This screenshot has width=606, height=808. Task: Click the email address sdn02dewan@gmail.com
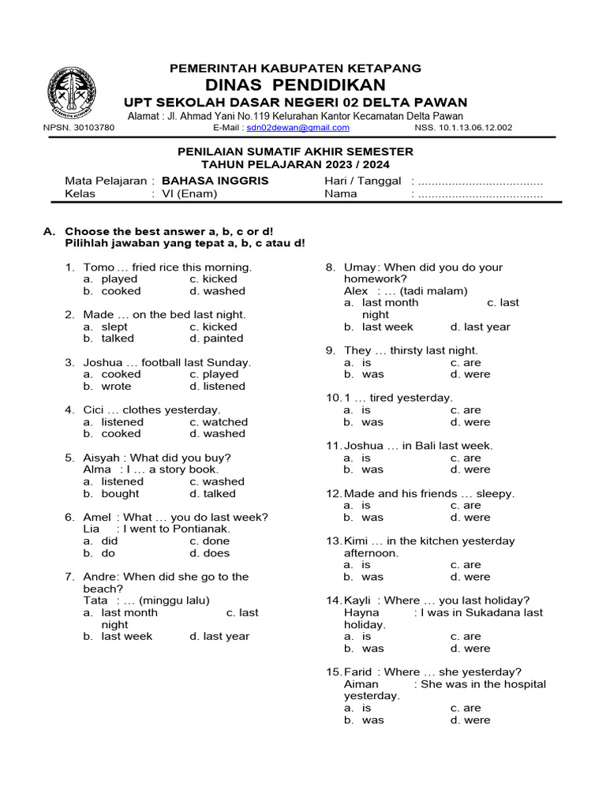tap(288, 127)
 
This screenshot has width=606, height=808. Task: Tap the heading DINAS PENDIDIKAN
tap(296, 85)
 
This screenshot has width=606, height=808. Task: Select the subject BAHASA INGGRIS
tap(215, 181)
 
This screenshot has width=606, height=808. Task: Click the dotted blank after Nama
tap(480, 193)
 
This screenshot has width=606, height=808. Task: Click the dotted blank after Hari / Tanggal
tap(480, 181)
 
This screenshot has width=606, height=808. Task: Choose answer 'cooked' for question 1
tap(121, 291)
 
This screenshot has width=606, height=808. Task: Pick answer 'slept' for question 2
tap(114, 327)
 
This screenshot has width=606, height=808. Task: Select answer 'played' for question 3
tap(220, 374)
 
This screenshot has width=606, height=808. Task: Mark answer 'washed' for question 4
tap(224, 433)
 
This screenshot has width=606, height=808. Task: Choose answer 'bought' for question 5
tap(120, 494)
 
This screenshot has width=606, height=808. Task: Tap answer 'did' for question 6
tap(110, 541)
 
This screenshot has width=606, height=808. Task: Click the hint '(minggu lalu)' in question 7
tap(169, 600)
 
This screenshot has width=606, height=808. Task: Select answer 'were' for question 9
tap(477, 374)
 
